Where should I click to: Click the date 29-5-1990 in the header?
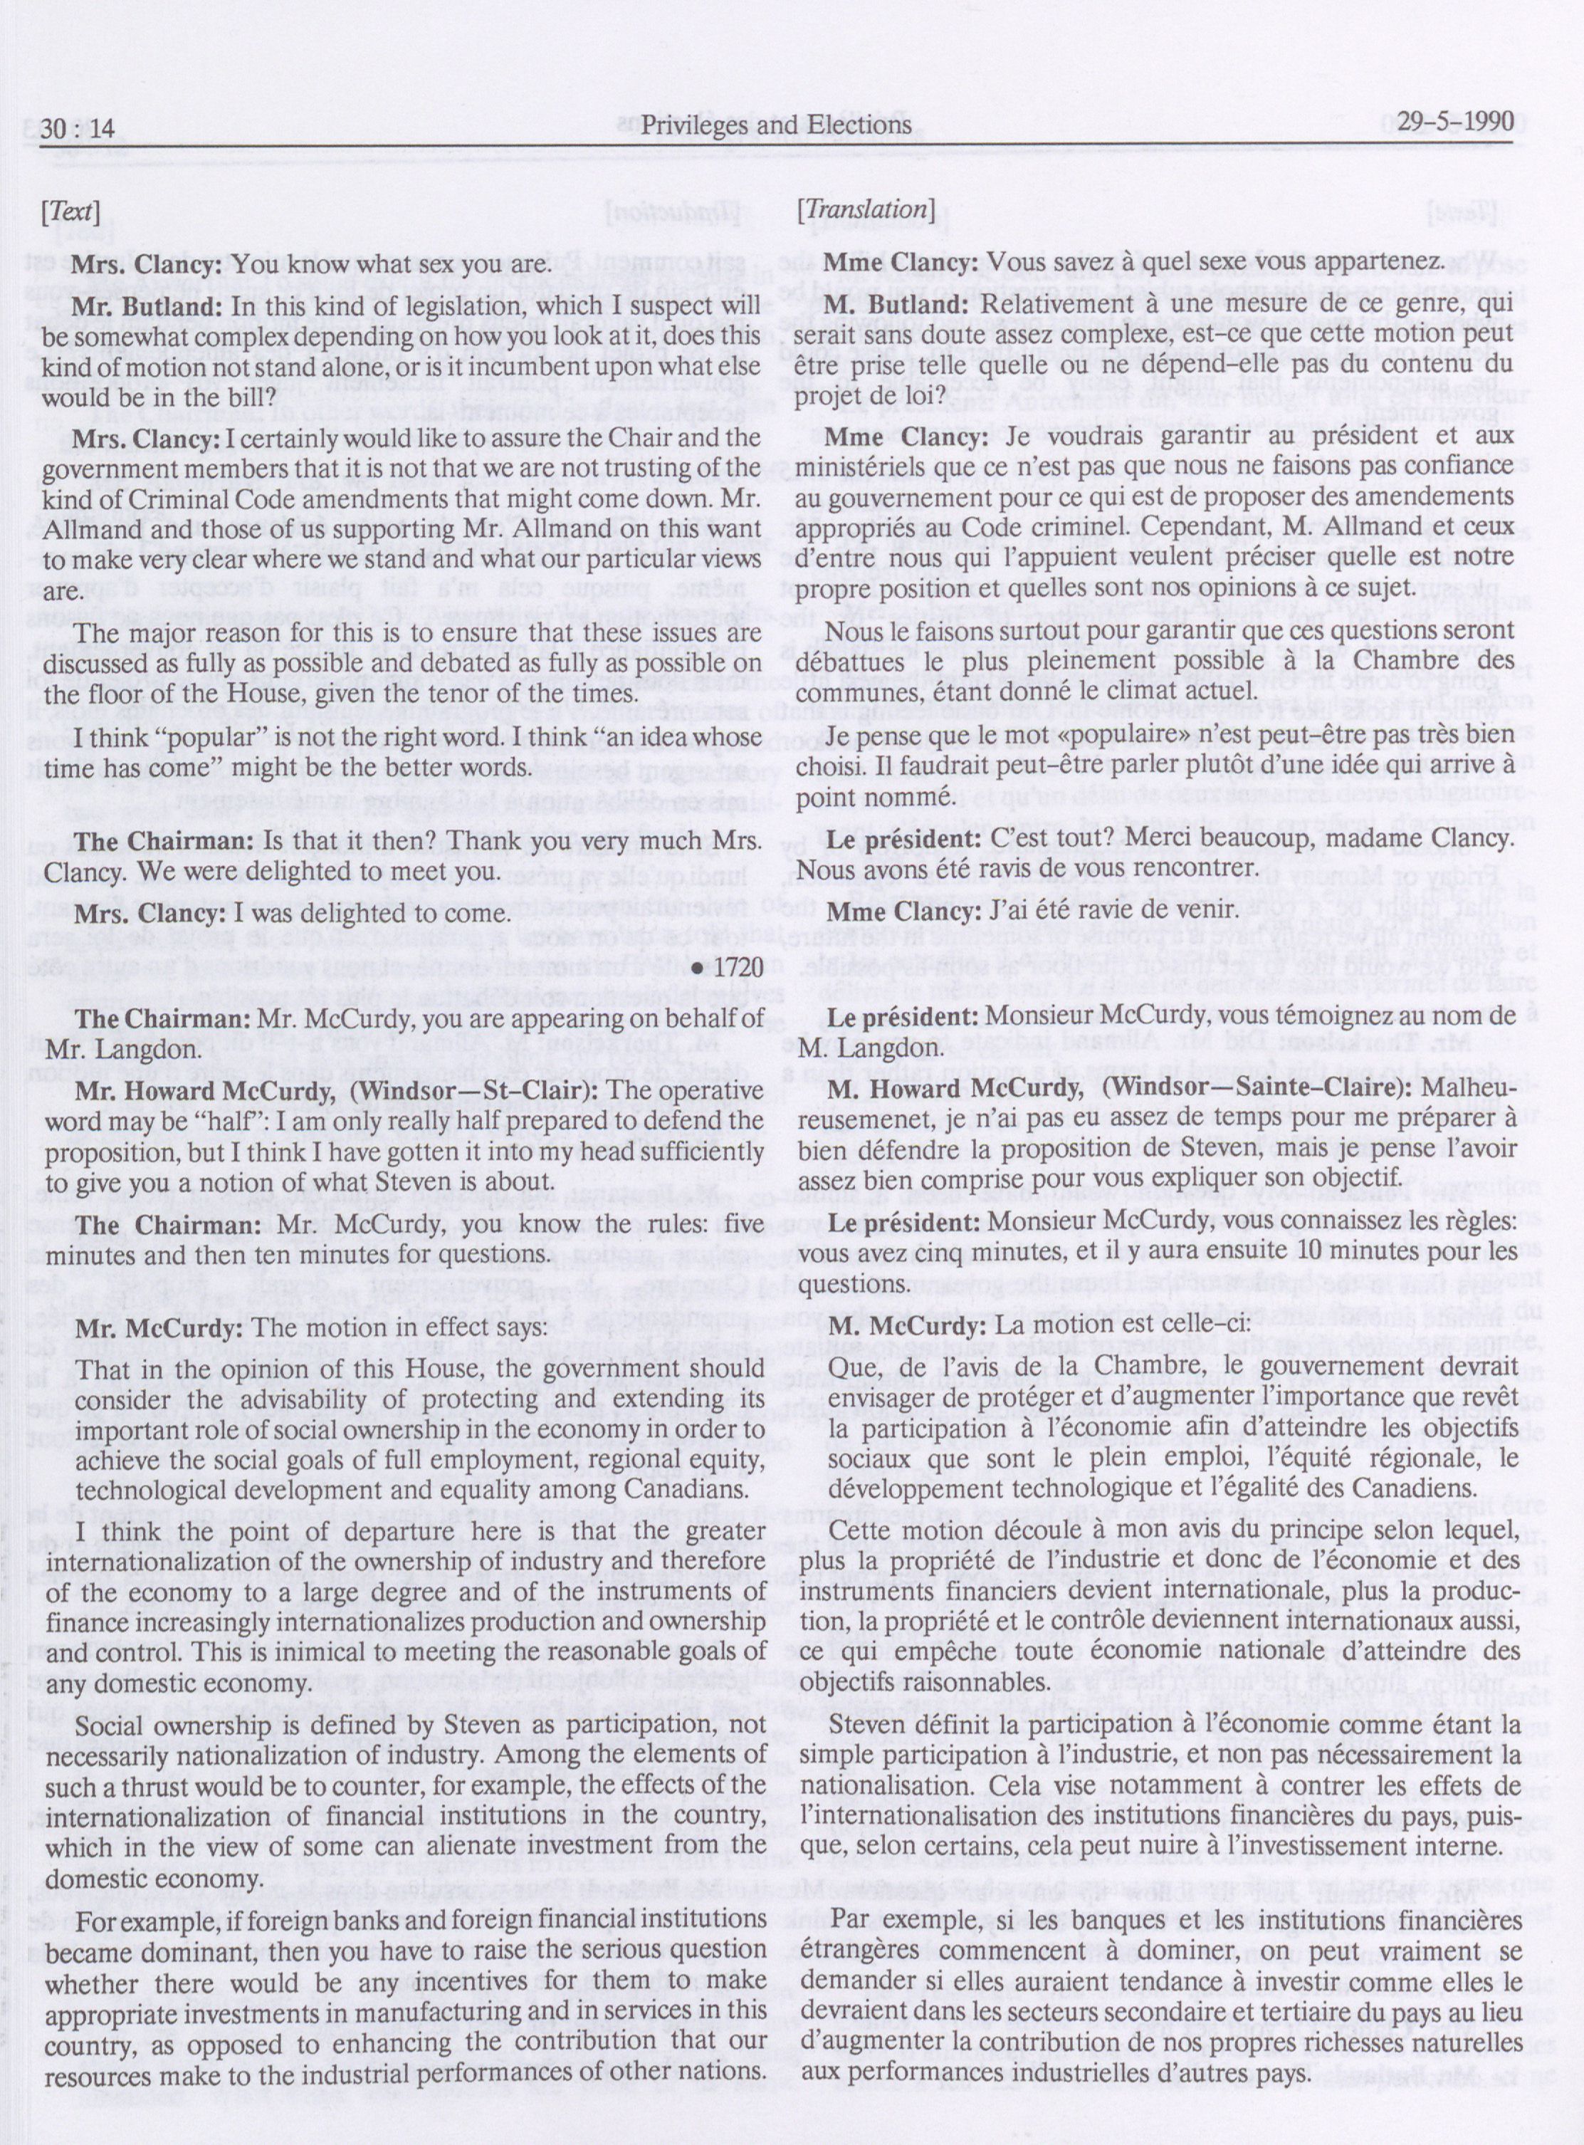point(1454,122)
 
